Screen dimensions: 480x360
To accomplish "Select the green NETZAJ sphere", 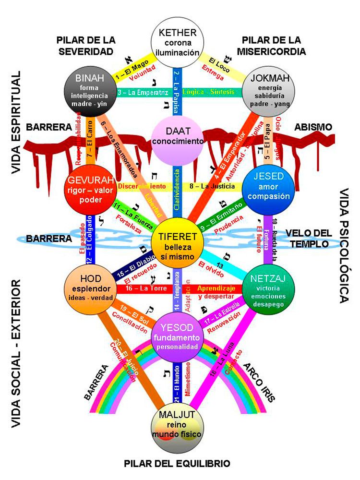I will (x=265, y=291).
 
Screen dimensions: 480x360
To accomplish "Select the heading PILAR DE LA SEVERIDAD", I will (x=85, y=45).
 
